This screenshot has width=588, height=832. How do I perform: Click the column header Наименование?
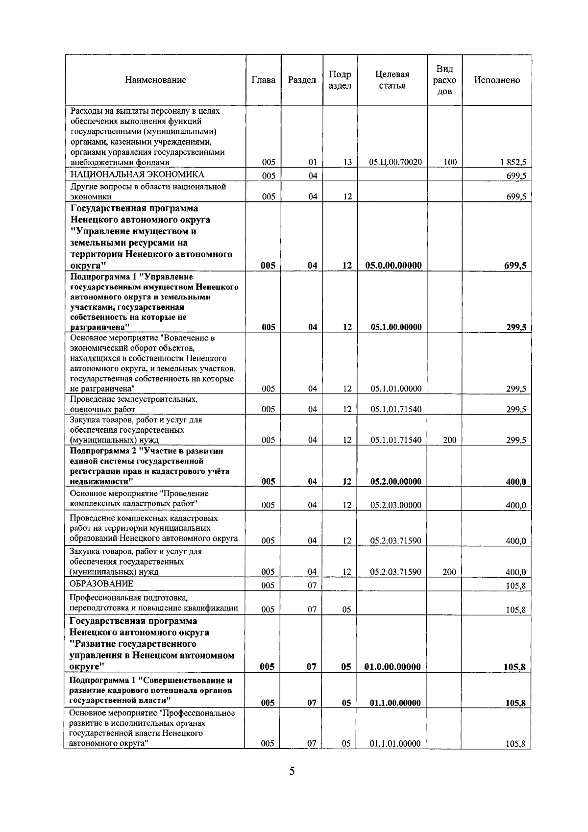click(x=155, y=80)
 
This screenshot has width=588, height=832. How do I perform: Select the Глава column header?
click(x=263, y=80)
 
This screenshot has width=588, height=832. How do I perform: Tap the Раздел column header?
click(x=302, y=80)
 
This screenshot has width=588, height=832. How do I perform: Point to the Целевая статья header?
click(x=392, y=80)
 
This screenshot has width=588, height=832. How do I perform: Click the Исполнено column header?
click(x=496, y=80)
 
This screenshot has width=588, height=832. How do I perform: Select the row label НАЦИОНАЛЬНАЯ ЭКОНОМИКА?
click(x=137, y=174)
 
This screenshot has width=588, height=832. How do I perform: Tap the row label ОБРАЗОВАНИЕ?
click(x=101, y=584)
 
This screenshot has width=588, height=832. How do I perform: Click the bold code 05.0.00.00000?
click(x=393, y=266)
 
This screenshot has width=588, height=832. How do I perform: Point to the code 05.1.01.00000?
click(x=396, y=389)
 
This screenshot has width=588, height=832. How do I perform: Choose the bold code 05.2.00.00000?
click(x=395, y=481)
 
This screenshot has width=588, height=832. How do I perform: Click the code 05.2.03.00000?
click(x=395, y=505)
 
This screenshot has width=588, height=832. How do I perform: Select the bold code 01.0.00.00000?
click(x=392, y=666)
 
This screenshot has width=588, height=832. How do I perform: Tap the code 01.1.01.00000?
click(x=395, y=743)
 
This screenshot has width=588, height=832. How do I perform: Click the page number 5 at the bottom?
click(x=292, y=771)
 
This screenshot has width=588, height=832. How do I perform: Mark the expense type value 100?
click(x=450, y=162)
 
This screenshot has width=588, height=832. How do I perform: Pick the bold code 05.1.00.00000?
click(x=396, y=327)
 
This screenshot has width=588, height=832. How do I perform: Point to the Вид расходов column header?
click(x=444, y=80)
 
